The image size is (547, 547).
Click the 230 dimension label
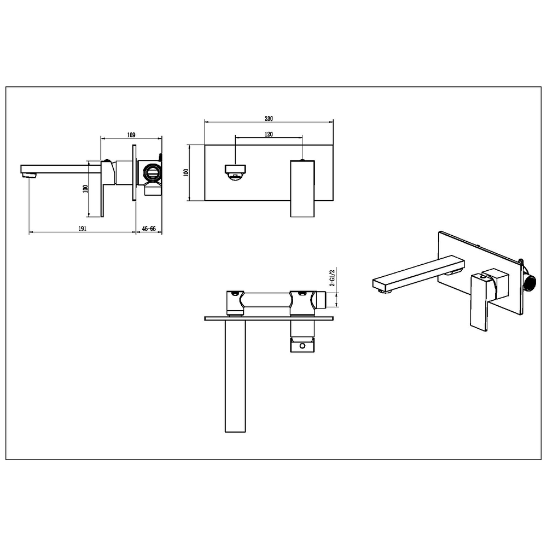pyautogui.click(x=268, y=119)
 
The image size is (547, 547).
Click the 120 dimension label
pyautogui.click(x=268, y=134)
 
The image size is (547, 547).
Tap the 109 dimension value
pyautogui.click(x=131, y=135)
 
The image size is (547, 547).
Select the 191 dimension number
pyautogui.click(x=82, y=229)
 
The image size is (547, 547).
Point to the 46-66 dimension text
pyautogui.click(x=149, y=229)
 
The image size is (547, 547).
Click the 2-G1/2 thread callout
pyautogui.click(x=333, y=278)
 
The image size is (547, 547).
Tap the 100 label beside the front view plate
pyautogui.click(x=186, y=172)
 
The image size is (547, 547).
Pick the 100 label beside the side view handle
pyautogui.click(x=85, y=189)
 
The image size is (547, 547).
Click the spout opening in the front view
pyautogui.click(x=235, y=173)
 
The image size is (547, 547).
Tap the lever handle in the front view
pyautogui.click(x=302, y=189)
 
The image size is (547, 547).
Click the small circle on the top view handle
pyautogui.click(x=302, y=346)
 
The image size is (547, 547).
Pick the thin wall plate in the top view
pyautogui.click(x=269, y=318)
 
